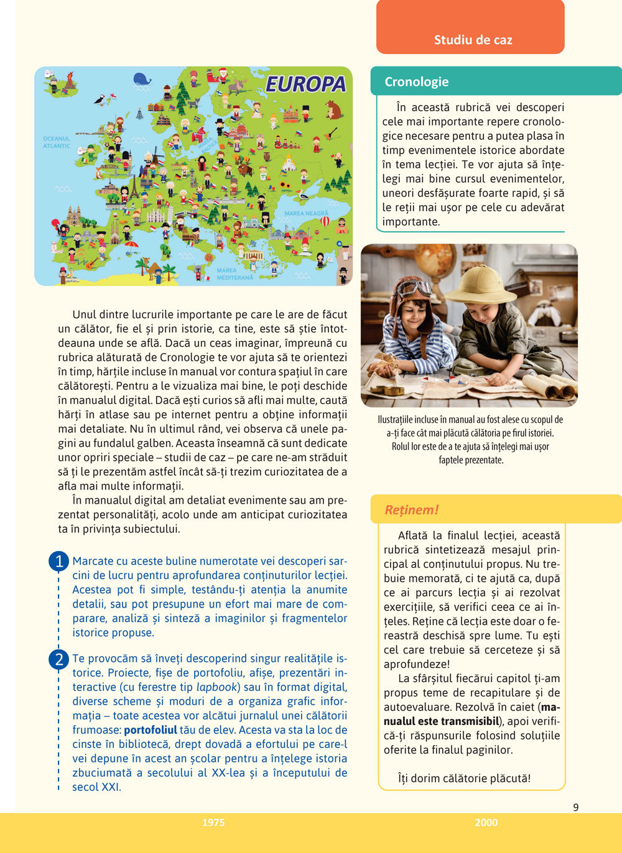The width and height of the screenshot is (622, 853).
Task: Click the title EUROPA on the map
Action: click(x=305, y=84)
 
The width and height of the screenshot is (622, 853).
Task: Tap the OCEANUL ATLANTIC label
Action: click(x=57, y=142)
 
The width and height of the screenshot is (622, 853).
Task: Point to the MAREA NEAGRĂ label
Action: click(x=305, y=213)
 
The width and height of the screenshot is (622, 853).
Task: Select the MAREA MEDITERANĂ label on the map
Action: click(x=235, y=274)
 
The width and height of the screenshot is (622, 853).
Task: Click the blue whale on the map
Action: click(x=142, y=79)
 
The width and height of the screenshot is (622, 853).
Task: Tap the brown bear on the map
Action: click(x=334, y=110)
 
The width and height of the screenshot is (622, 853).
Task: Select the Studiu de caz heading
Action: click(x=473, y=40)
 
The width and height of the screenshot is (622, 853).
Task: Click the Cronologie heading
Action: click(x=416, y=81)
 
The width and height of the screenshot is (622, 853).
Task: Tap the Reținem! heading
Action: click(x=411, y=509)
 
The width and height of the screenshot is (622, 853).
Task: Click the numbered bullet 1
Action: click(x=58, y=562)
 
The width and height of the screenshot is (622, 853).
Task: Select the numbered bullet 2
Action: click(x=58, y=659)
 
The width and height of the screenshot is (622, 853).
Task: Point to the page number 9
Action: click(x=575, y=807)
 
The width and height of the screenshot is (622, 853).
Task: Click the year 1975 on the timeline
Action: click(x=213, y=823)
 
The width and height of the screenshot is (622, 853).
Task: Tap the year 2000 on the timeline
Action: click(x=486, y=823)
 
